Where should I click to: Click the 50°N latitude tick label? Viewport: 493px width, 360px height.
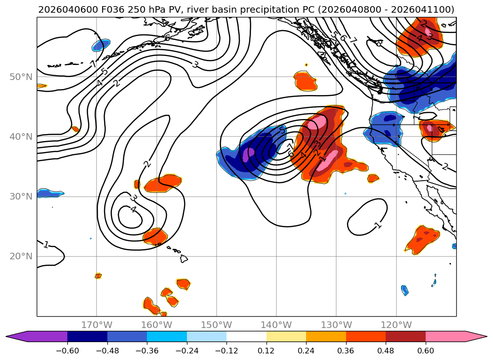[20, 77]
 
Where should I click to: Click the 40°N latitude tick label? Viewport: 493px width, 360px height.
[20, 137]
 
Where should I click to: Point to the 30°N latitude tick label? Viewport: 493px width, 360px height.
[20, 197]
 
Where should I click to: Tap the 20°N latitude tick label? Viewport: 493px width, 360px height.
[20, 256]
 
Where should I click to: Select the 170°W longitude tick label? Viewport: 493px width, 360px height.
[97, 325]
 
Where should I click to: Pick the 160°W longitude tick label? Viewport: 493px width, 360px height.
[157, 325]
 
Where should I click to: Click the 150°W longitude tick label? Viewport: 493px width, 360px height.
[217, 325]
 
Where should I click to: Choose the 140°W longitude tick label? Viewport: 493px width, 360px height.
[276, 325]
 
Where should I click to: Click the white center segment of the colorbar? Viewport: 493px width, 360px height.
[246, 336]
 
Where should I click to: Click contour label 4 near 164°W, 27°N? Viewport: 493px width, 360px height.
[133, 209]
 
